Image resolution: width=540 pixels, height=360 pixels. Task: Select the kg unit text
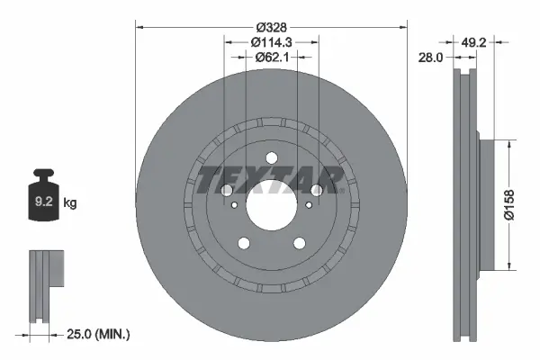(70, 204)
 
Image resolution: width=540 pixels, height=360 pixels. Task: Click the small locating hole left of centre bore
(235, 206)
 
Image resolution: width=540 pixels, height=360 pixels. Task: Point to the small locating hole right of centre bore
(306, 206)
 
